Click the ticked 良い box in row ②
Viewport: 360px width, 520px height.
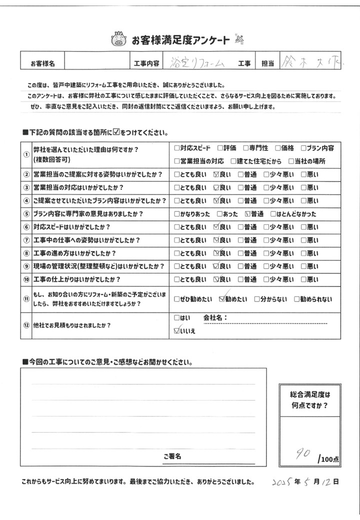pos(216,175)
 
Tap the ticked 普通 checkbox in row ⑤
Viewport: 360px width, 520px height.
pos(247,214)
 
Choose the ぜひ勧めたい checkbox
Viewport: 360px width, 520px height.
pos(176,300)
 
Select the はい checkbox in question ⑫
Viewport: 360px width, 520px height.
pos(176,317)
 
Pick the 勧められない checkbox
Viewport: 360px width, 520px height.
pos(297,300)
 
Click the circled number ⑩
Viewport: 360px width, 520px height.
pos(26,279)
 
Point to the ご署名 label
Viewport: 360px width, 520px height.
pos(171,456)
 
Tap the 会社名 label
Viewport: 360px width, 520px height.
pos(215,317)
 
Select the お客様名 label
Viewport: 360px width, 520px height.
pos(42,63)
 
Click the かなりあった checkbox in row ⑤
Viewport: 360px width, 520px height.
pos(176,214)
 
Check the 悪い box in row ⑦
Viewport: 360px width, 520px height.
pos(303,240)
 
